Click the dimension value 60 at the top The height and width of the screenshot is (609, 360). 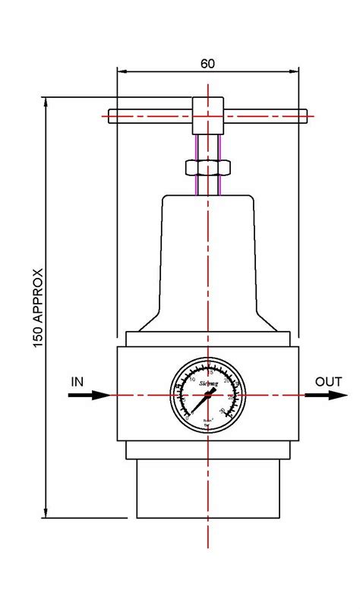point(207,64)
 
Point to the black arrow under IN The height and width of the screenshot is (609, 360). point(91,395)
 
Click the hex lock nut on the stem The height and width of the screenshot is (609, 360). point(207,167)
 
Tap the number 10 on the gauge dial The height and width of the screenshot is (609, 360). point(191,379)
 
